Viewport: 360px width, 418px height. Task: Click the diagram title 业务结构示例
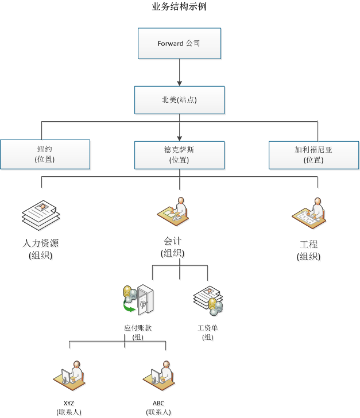point(180,7)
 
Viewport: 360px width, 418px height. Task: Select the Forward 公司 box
point(179,44)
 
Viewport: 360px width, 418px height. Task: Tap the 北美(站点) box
point(179,100)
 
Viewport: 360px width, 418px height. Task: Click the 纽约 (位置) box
point(45,154)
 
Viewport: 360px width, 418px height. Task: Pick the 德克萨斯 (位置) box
point(179,154)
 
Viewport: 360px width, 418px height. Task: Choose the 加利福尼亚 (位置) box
point(313,154)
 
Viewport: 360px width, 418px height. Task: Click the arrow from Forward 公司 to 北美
point(179,72)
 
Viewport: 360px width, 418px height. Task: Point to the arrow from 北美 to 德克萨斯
point(179,126)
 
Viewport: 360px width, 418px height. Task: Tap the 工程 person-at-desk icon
point(308,213)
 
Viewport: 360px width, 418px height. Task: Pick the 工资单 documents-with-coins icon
point(208,300)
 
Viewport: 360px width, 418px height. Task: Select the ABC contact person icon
point(158,376)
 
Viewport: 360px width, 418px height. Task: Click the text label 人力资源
point(40,243)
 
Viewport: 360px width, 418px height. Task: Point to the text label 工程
point(308,245)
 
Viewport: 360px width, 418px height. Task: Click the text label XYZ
point(69,403)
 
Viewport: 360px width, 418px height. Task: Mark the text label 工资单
point(208,328)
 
